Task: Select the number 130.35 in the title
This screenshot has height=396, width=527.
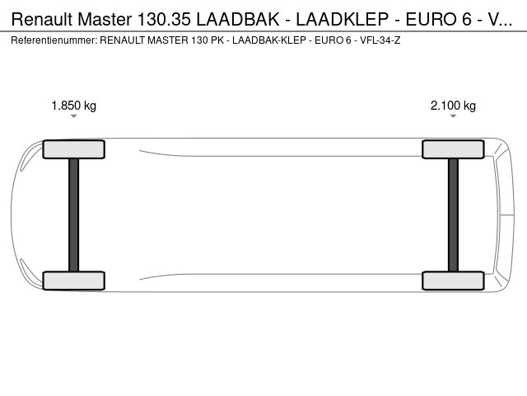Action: (165, 19)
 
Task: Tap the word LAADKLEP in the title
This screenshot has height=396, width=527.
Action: (343, 19)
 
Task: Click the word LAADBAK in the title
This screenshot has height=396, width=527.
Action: (238, 19)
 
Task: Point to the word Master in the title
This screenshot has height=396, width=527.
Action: (105, 19)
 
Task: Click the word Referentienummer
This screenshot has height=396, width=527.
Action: (54, 40)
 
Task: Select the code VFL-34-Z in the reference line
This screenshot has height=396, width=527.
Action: (380, 40)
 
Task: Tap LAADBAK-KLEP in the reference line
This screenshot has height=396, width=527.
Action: (269, 40)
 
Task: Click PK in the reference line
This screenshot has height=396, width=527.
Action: (217, 40)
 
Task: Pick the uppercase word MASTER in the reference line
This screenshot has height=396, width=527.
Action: (168, 40)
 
